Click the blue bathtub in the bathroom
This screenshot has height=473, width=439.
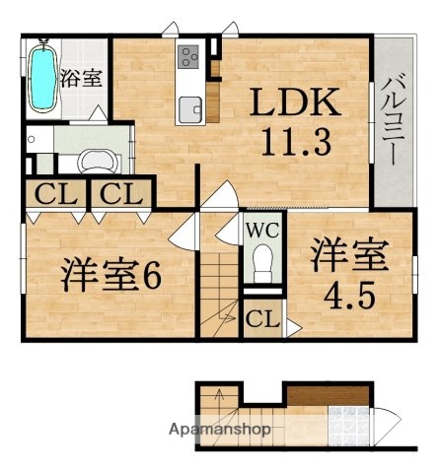(x=40, y=76)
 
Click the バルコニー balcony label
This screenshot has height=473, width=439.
(x=391, y=123)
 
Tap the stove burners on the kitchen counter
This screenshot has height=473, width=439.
(x=188, y=57)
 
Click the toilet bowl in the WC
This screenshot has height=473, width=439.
(x=262, y=261)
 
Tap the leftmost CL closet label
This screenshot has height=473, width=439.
(x=52, y=194)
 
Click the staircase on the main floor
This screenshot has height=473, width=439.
(x=219, y=286)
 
